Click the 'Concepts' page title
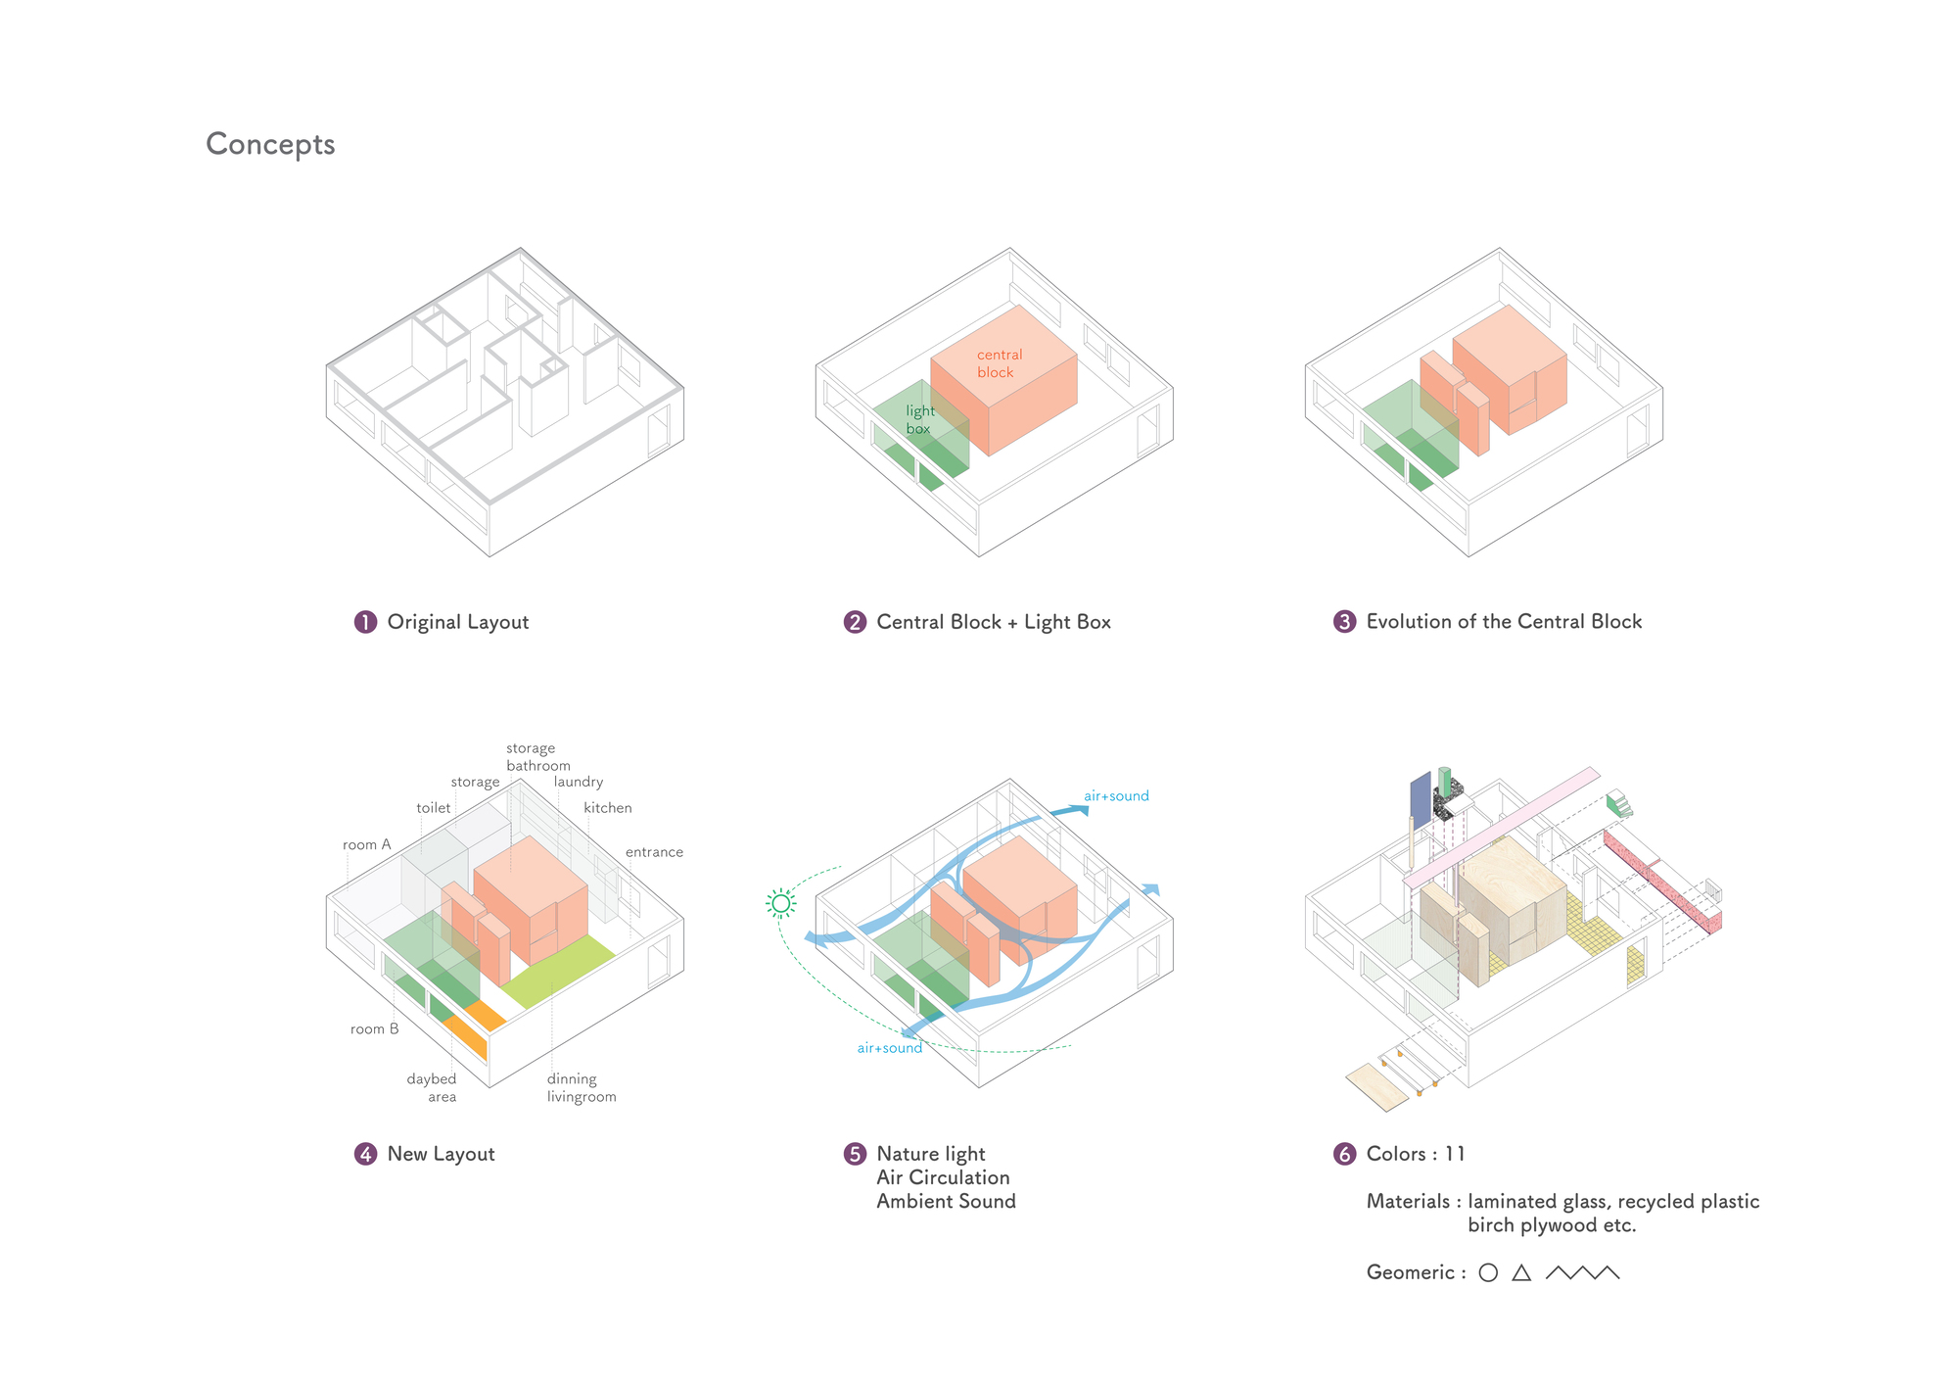pyautogui.click(x=270, y=144)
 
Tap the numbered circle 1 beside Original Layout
pyautogui.click(x=365, y=622)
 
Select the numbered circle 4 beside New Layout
pyautogui.click(x=365, y=1154)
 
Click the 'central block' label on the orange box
pyautogui.click(x=999, y=363)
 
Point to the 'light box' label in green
pyautogui.click(x=919, y=419)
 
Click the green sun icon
pyautogui.click(x=780, y=903)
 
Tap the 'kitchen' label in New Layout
pyautogui.click(x=607, y=808)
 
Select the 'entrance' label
pyautogui.click(x=654, y=852)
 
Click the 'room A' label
pyautogui.click(x=366, y=844)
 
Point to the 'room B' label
pyautogui.click(x=374, y=1028)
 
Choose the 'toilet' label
pyautogui.click(x=433, y=808)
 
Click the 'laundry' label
pyautogui.click(x=578, y=782)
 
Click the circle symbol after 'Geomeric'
pyautogui.click(x=1488, y=1273)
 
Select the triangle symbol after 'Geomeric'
pyautogui.click(x=1521, y=1273)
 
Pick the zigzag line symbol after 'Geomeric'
pyautogui.click(x=1582, y=1273)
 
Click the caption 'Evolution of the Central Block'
pyautogui.click(x=1504, y=622)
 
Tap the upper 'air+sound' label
pyautogui.click(x=1116, y=796)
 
